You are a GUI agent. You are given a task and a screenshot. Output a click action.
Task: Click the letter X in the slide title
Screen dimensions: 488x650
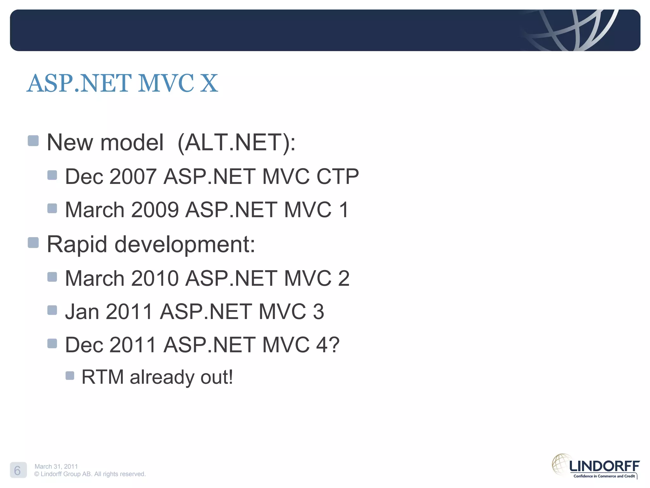pyautogui.click(x=209, y=83)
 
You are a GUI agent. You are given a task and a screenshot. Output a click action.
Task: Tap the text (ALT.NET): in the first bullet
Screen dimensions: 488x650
pyautogui.click(x=236, y=142)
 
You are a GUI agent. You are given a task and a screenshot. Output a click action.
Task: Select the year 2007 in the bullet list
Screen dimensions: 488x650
pyautogui.click(x=133, y=176)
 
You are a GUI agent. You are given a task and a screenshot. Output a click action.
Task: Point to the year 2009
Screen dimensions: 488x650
pyautogui.click(x=155, y=210)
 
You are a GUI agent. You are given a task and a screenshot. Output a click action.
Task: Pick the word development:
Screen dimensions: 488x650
pyautogui.click(x=185, y=245)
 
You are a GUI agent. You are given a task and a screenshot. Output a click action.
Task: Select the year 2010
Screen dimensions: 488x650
pyautogui.click(x=155, y=278)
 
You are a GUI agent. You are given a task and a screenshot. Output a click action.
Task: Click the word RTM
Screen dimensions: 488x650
pyautogui.click(x=102, y=377)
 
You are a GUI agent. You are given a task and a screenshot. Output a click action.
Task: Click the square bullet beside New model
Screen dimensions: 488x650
pyautogui.click(x=33, y=141)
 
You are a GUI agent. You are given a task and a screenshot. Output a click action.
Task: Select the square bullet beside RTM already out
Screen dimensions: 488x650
pyautogui.click(x=70, y=376)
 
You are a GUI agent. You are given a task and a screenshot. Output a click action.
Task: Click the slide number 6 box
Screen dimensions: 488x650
pyautogui.click(x=18, y=470)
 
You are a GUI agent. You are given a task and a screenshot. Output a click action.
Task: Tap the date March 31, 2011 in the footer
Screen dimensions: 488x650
pyautogui.click(x=56, y=466)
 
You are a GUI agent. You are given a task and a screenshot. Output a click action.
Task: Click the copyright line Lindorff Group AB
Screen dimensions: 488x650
pyautogui.click(x=90, y=474)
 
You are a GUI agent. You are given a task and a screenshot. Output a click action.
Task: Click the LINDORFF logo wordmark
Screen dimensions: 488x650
pyautogui.click(x=604, y=466)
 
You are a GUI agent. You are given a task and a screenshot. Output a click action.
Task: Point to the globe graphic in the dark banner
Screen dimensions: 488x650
pyautogui.click(x=571, y=30)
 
